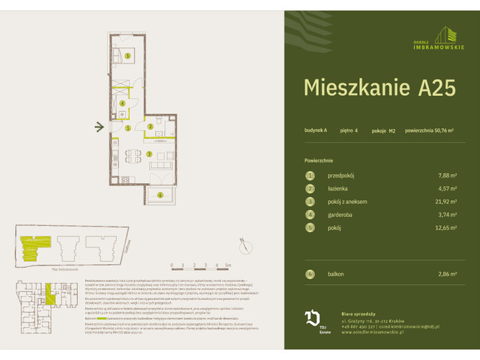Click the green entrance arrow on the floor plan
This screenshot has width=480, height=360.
point(99,127)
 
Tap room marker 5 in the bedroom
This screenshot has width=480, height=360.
point(128,55)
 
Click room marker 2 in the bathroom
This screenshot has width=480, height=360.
point(150,127)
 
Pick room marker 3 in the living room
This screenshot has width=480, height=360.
point(149,154)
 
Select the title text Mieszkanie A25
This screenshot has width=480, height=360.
point(379,87)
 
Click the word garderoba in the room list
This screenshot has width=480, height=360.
point(343,216)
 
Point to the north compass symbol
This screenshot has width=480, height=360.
point(244,241)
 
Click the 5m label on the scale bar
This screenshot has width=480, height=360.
point(228,265)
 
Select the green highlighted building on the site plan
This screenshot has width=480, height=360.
point(32,244)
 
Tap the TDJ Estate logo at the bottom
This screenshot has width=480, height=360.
point(313,319)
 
